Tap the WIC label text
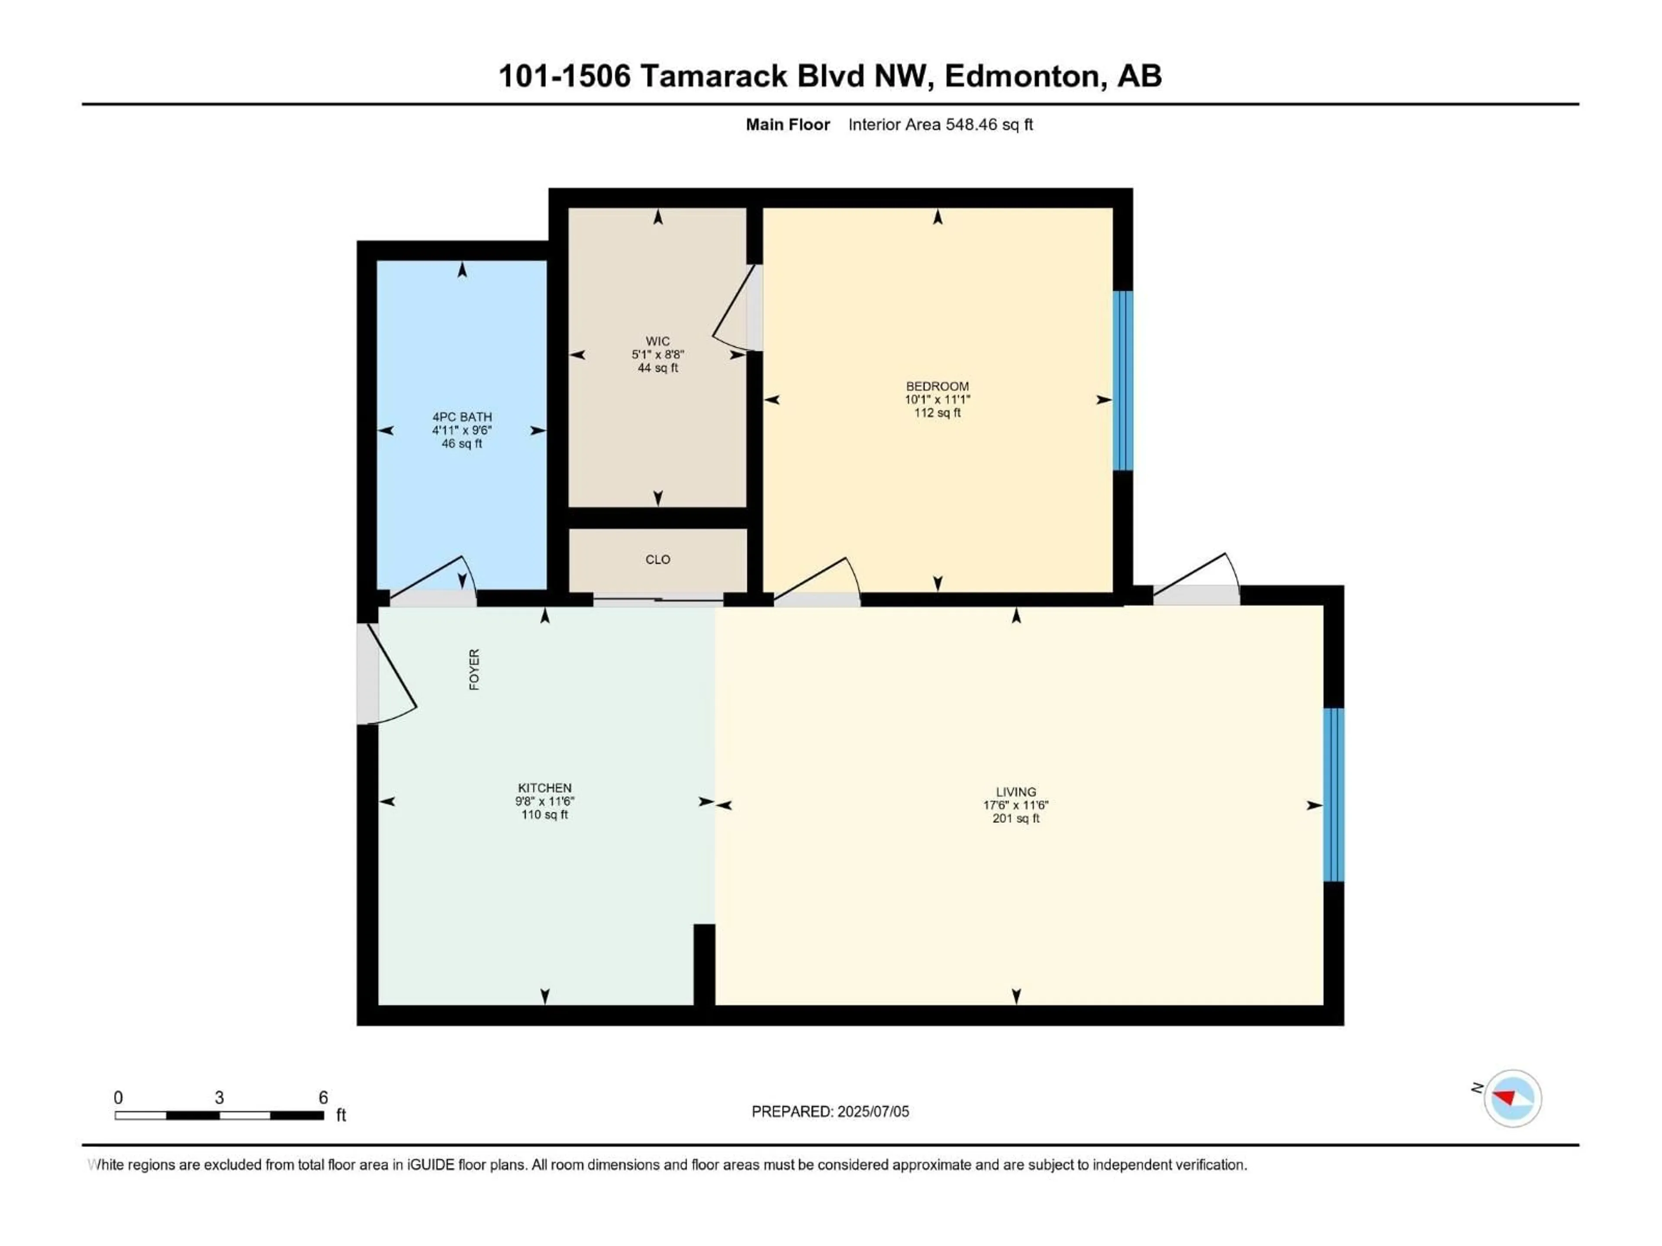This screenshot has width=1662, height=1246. coord(657,341)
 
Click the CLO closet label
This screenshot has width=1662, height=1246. coord(657,559)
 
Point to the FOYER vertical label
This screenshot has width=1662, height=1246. coord(474,669)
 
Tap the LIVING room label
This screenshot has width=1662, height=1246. coord(1016,792)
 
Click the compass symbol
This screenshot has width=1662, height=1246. coord(1512,1098)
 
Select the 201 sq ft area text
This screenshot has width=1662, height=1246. coord(1016,819)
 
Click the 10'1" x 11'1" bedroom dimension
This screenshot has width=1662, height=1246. coord(937,400)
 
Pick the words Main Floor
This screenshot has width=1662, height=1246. coord(787,125)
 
